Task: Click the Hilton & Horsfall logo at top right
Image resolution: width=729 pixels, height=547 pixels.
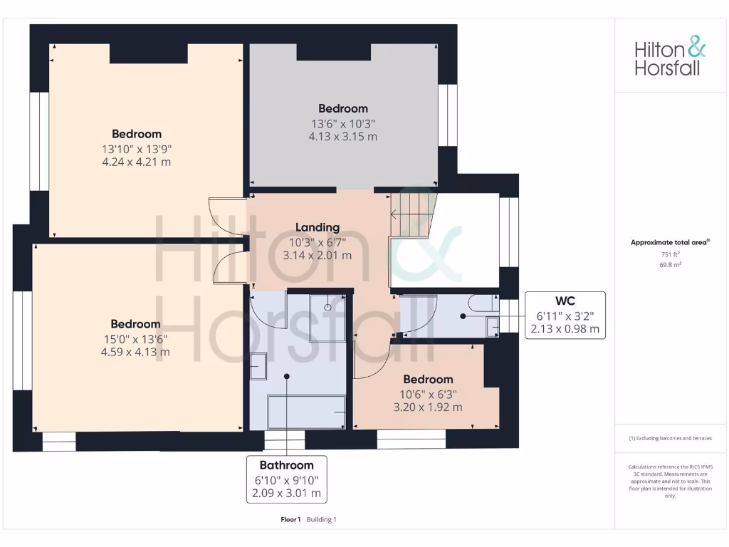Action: coord(670,58)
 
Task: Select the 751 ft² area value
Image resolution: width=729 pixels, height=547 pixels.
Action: coord(670,254)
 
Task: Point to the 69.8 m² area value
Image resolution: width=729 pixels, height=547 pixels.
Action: coord(670,264)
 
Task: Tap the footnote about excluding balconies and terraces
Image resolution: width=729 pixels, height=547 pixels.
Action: coord(670,438)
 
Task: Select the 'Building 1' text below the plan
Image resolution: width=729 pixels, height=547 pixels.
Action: coord(322,519)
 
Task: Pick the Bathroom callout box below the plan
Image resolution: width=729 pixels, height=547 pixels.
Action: coord(286,479)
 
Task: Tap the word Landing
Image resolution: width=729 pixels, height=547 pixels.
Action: coord(318,228)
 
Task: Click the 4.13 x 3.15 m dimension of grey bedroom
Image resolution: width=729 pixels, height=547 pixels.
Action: coord(342,136)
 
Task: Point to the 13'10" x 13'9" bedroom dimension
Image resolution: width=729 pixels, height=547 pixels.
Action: coord(136,148)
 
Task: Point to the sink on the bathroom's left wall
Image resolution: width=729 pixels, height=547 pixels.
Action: coord(258,365)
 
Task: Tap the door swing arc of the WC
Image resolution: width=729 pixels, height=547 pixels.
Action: coord(416,317)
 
